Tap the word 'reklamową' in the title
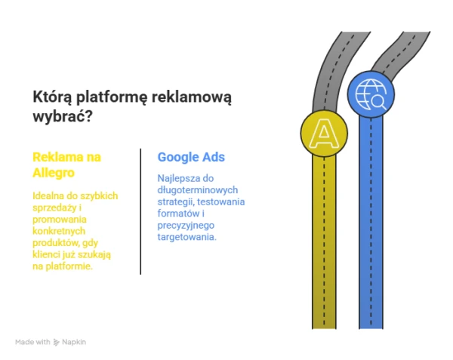tap(192, 97)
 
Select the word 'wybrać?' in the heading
tap(63, 117)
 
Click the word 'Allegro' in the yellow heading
tap(54, 173)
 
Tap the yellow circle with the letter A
tap(324, 134)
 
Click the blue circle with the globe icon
tap(371, 94)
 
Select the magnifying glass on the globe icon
tap(378, 102)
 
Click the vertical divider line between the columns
tap(140, 211)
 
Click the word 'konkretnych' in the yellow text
tap(59, 231)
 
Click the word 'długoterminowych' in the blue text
tap(198, 190)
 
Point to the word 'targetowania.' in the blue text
tap(187, 237)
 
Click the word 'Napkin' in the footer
tap(74, 342)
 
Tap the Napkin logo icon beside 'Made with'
tap(57, 343)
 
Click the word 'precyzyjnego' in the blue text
tap(186, 226)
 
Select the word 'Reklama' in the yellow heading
tap(53, 157)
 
